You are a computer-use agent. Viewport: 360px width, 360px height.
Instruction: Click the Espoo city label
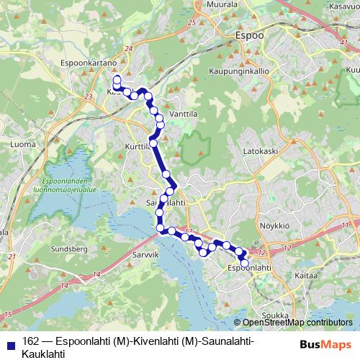250,35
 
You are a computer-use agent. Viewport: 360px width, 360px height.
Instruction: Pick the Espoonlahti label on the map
249,268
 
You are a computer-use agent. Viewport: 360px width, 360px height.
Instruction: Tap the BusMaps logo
325,343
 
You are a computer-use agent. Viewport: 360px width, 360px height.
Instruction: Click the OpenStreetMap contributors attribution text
297,323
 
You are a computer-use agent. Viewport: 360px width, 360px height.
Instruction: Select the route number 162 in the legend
30,341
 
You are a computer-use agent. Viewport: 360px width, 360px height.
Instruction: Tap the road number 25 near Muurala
191,23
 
